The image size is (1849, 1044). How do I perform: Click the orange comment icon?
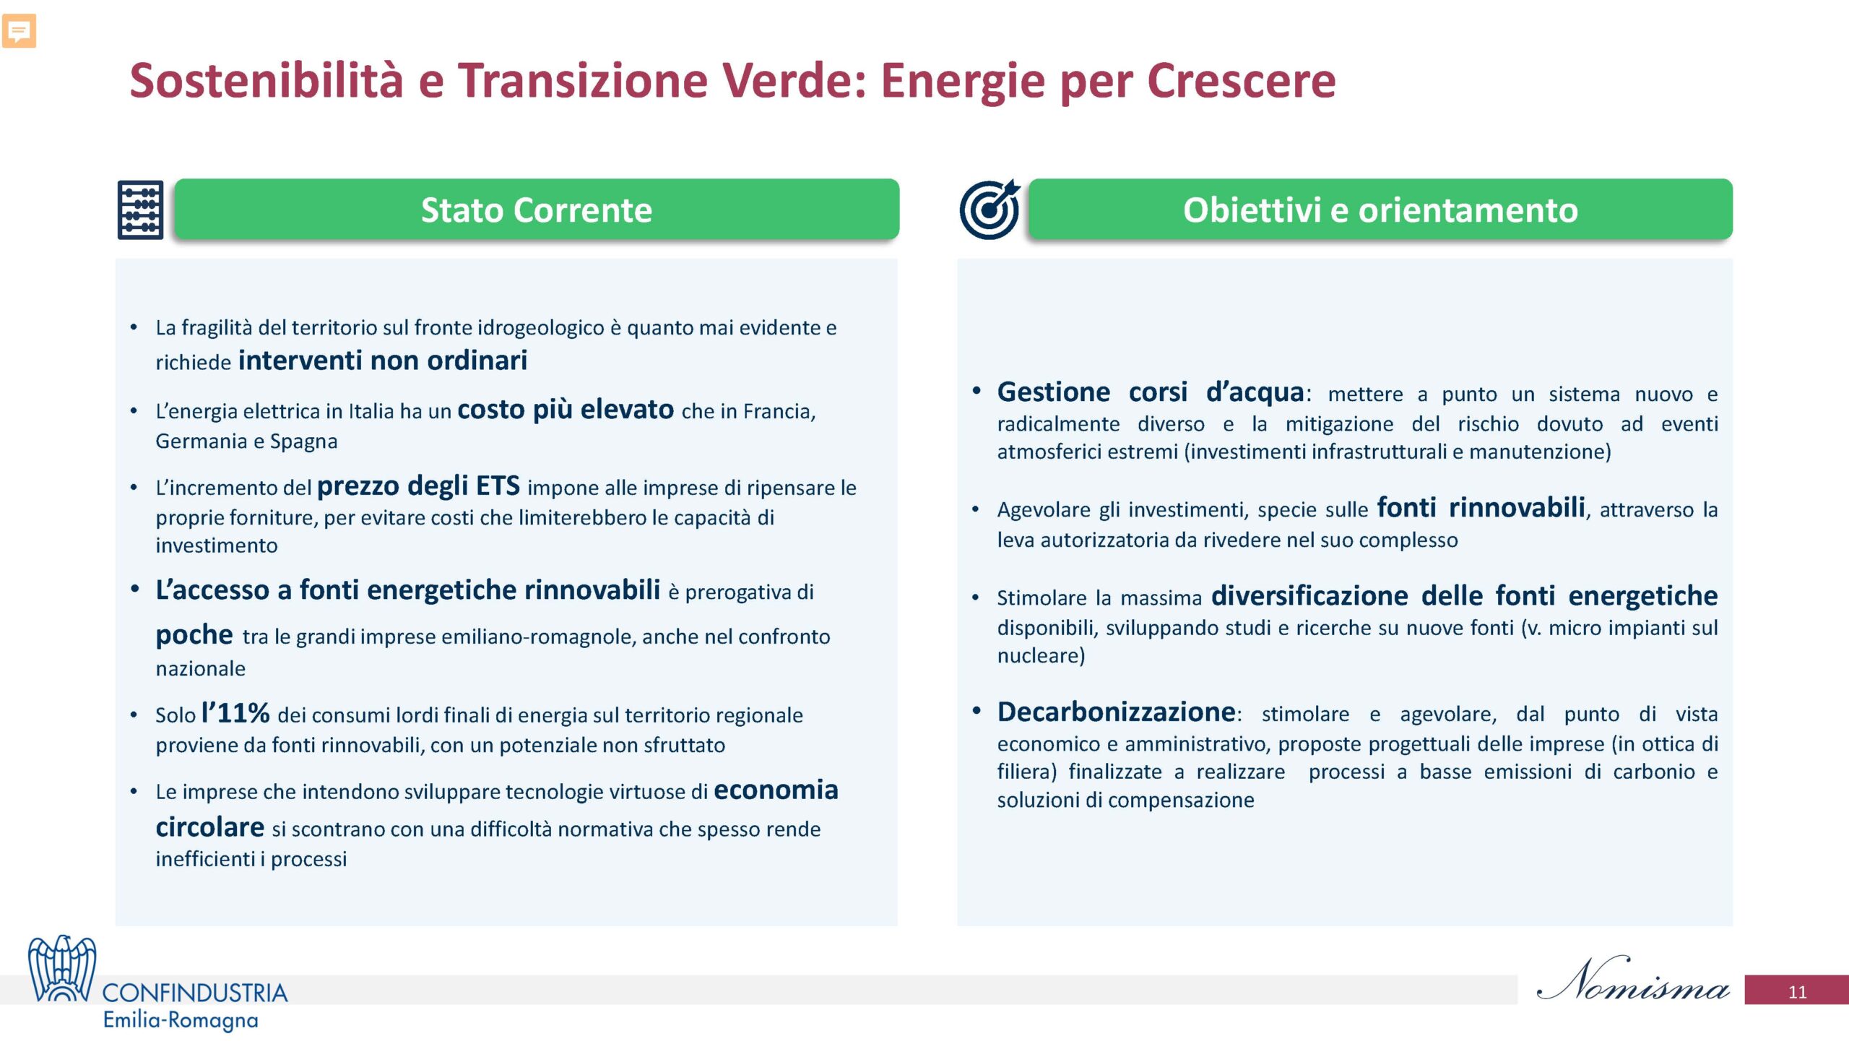tap(20, 31)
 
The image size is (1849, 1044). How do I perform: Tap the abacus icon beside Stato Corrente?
tap(140, 210)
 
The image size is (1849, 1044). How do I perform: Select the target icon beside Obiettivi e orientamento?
tap(990, 209)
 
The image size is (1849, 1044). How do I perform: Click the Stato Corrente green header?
tap(537, 210)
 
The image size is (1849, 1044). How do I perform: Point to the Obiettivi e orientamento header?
tap(1380, 210)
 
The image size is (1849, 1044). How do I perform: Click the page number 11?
tap(1797, 992)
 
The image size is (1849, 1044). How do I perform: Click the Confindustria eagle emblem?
tap(62, 968)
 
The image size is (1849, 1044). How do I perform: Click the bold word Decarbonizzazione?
tap(1116, 712)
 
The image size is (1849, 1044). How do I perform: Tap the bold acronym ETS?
tap(498, 486)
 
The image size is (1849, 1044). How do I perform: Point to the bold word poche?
tap(194, 634)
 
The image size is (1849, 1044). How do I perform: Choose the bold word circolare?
tap(210, 827)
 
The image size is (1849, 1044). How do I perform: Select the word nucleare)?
tap(1041, 655)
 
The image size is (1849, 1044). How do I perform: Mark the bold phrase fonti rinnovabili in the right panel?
tap(1481, 507)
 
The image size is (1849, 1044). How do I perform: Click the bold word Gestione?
tap(1054, 392)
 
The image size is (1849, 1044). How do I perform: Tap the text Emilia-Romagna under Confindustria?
tap(181, 1020)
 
